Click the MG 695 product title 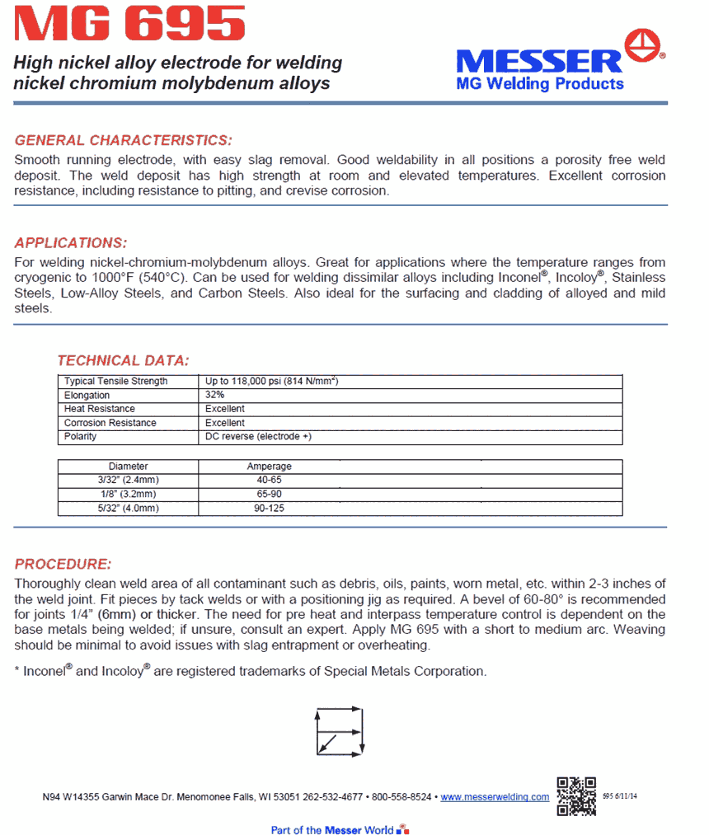(x=130, y=24)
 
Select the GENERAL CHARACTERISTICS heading (x=124, y=140)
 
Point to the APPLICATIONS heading (x=71, y=243)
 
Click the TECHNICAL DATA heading (x=123, y=360)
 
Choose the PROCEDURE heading (x=63, y=565)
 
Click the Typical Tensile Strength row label (x=115, y=382)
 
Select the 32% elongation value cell (x=215, y=395)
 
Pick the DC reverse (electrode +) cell (x=258, y=437)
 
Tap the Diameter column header (x=129, y=467)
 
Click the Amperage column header (x=270, y=467)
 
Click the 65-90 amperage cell (x=270, y=495)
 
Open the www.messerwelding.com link (x=495, y=797)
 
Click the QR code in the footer (x=576, y=795)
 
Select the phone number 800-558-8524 (x=401, y=797)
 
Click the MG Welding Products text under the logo (x=540, y=84)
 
